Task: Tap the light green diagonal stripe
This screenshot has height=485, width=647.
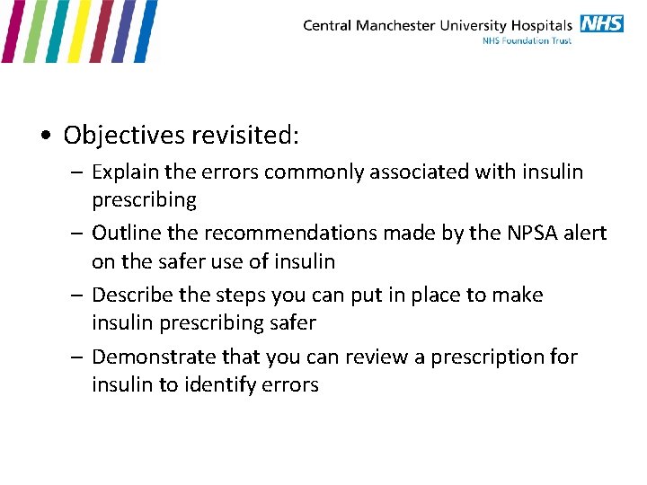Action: click(32, 31)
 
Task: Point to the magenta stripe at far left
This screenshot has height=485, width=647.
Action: click(9, 31)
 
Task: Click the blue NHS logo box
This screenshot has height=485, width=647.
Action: click(601, 23)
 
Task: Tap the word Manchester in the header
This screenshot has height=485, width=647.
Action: click(394, 25)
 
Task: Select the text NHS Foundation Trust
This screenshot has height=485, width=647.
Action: click(527, 40)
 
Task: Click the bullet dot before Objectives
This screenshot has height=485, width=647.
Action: click(44, 137)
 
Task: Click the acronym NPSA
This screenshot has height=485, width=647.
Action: click(520, 234)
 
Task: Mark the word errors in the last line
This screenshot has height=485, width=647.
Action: click(288, 385)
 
